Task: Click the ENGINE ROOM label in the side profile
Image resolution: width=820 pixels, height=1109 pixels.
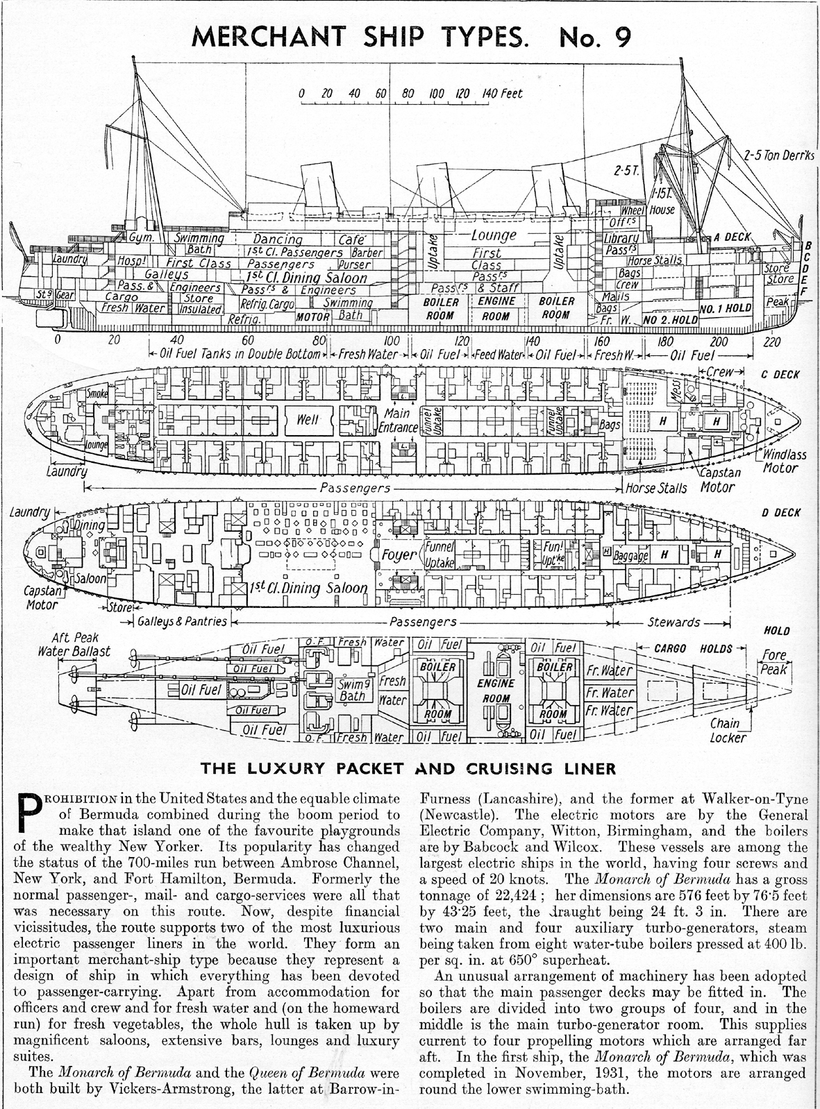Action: (496, 308)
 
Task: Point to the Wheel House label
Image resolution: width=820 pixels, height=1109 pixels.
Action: (647, 210)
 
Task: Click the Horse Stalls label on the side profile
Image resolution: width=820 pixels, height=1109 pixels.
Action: (655, 261)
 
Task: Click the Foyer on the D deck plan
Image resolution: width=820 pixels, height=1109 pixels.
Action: (398, 554)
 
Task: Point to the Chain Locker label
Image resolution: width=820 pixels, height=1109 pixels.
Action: (727, 730)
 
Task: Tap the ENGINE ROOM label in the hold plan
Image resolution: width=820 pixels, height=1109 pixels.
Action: (497, 690)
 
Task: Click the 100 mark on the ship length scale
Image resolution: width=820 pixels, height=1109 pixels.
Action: (392, 341)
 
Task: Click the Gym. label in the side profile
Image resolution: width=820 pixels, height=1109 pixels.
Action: (144, 238)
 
